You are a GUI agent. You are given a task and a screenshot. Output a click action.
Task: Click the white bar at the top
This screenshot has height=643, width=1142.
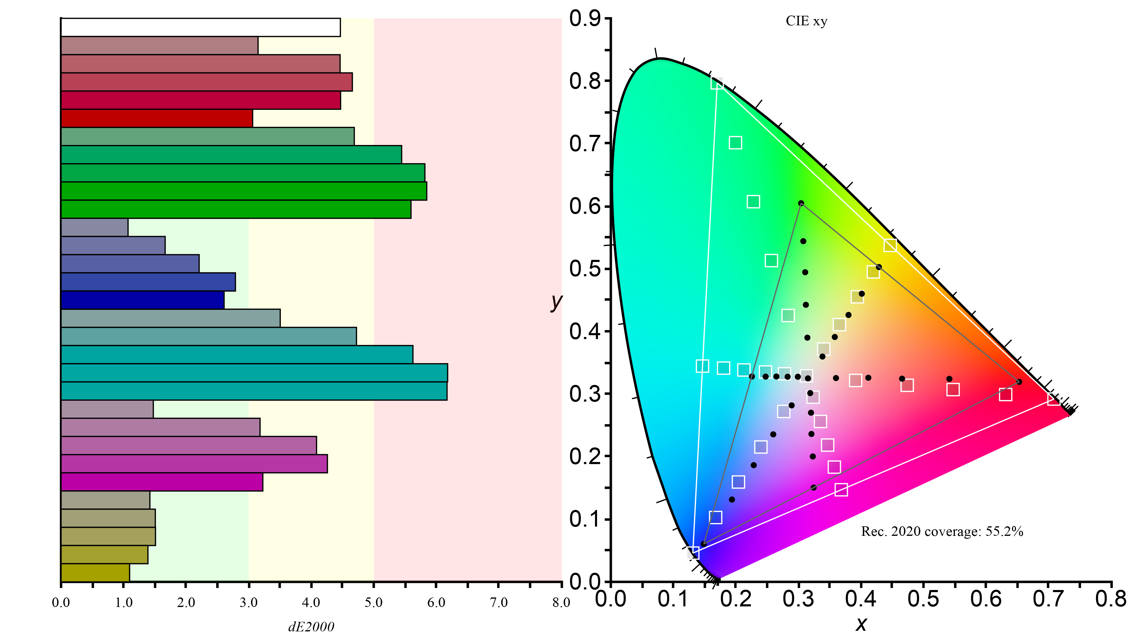click(200, 27)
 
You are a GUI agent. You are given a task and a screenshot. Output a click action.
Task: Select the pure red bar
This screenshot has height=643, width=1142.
click(156, 118)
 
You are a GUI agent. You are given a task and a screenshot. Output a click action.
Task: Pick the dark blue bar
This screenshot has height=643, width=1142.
click(142, 300)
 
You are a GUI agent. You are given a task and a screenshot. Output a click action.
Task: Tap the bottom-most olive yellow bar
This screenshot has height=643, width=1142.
click(95, 573)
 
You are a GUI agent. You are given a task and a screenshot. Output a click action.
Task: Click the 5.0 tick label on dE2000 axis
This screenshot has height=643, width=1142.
click(373, 603)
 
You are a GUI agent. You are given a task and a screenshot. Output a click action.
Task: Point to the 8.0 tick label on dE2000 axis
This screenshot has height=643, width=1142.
click(561, 603)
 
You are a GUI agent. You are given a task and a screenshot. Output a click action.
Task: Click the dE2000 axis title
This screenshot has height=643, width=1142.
click(311, 627)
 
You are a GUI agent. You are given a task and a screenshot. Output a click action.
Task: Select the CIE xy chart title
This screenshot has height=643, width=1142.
click(806, 21)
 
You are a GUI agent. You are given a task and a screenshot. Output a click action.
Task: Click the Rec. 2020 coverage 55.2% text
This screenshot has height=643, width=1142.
click(942, 532)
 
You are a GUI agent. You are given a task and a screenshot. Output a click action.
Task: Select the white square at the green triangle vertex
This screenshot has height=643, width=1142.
click(717, 83)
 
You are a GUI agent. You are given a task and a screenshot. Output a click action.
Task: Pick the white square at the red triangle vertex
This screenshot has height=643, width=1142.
click(1054, 399)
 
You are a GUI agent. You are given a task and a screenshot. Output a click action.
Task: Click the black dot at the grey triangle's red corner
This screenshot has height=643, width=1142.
click(1019, 382)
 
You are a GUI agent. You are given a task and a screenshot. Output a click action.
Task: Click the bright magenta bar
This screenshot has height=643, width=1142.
click(162, 482)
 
